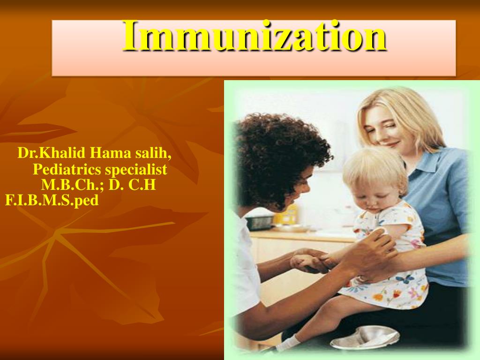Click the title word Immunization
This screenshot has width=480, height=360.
point(255,37)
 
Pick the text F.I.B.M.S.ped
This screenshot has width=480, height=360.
point(52,201)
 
